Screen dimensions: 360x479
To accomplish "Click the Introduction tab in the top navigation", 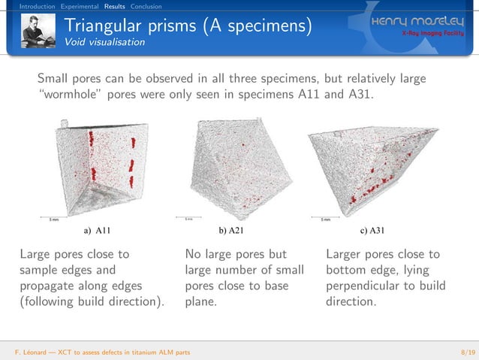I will [37, 7].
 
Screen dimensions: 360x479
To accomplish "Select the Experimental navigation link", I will [80, 7].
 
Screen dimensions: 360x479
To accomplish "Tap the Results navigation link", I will [114, 7].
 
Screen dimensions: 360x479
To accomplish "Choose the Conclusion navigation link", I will [146, 7].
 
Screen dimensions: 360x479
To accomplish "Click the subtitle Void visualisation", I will [104, 42].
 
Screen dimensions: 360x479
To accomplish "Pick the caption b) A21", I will [230, 230].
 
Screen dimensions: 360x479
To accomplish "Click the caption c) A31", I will [373, 230].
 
